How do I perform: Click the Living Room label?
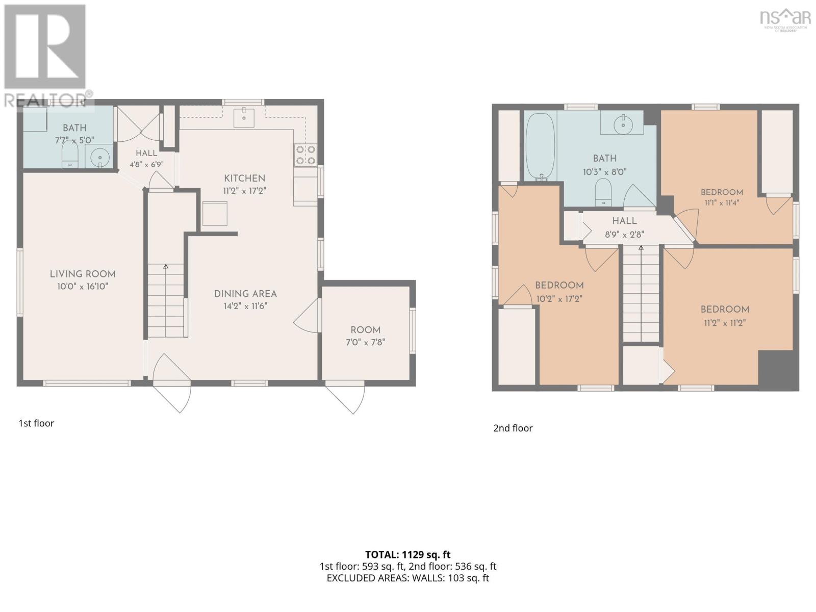click(83, 274)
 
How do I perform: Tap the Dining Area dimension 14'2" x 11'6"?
click(245, 306)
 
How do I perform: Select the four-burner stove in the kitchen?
click(305, 155)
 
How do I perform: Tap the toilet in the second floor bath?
click(603, 192)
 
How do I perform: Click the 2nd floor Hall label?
click(624, 221)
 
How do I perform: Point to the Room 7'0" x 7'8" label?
click(366, 336)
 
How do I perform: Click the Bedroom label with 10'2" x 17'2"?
click(559, 286)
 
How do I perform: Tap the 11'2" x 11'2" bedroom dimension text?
click(725, 323)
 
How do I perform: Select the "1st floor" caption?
click(36, 423)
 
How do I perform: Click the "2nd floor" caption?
click(513, 428)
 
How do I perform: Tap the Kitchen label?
click(244, 178)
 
